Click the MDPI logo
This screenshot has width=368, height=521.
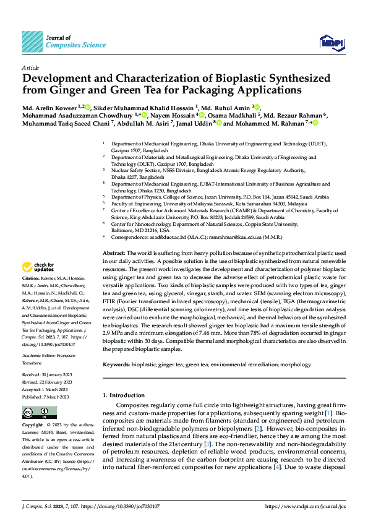click(x=333, y=42)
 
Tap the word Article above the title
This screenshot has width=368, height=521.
click(x=30, y=67)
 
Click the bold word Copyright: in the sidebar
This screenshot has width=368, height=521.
click(x=33, y=426)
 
